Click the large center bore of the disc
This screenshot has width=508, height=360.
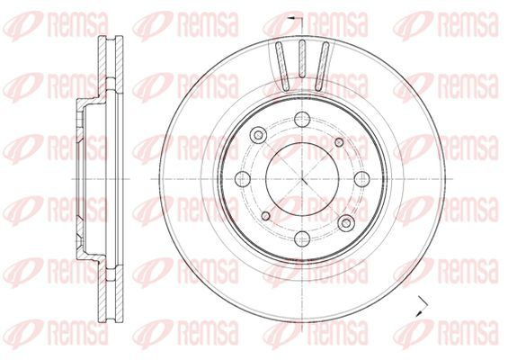click(x=302, y=179)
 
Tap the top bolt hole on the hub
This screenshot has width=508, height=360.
click(x=302, y=119)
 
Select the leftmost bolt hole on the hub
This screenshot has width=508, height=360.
click(x=243, y=179)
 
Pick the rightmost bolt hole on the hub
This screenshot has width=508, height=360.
click(x=361, y=179)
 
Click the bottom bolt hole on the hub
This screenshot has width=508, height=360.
click(x=302, y=238)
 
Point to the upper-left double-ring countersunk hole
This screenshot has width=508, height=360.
click(x=258, y=134)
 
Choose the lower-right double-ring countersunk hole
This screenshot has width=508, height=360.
click(x=346, y=223)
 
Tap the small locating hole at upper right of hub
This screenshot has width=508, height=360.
click(x=339, y=142)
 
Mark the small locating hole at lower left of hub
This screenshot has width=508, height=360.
click(x=265, y=216)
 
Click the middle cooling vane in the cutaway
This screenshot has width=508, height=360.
click(x=302, y=58)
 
